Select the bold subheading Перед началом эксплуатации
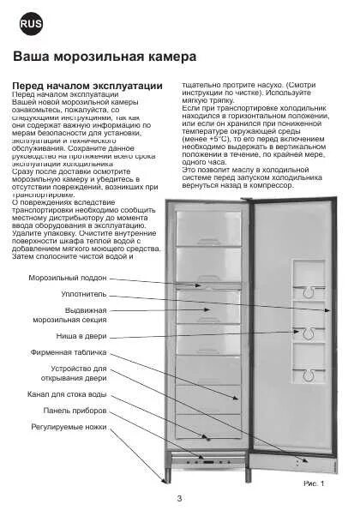pyautogui.click(x=87, y=86)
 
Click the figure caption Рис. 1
pyautogui.click(x=315, y=483)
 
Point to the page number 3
pyautogui.click(x=179, y=497)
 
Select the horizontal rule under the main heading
pyautogui.click(x=180, y=69)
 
